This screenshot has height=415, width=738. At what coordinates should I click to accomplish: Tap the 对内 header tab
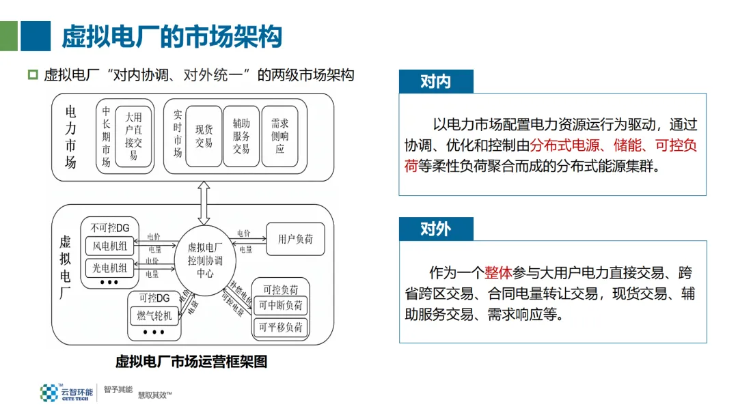point(435,82)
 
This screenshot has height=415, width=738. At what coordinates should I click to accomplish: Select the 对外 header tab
point(435,229)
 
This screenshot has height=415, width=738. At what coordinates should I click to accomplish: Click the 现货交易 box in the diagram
point(204,136)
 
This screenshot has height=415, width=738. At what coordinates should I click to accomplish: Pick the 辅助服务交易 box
point(241,136)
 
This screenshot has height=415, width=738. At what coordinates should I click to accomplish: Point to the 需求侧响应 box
point(279,136)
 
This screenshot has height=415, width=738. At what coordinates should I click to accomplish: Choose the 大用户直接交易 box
point(133,136)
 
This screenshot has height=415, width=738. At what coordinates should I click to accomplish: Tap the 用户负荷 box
point(295,240)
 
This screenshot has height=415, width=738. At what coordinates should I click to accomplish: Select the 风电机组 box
point(110,246)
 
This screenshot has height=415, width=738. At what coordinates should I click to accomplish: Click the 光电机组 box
point(110,268)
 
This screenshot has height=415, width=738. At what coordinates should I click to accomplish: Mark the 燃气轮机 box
point(154,315)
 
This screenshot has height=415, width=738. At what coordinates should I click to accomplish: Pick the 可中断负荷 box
point(280,305)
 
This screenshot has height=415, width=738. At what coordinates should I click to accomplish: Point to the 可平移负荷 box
point(280,328)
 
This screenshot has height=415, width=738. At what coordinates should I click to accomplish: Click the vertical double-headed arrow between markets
point(203,203)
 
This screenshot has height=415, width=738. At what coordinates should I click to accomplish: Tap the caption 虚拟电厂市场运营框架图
point(191,362)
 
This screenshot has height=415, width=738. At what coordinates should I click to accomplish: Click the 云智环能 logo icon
point(49,392)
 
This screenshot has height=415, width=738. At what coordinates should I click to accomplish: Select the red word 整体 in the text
point(498,273)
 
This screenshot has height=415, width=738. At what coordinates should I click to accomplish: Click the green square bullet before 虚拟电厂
point(33,75)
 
